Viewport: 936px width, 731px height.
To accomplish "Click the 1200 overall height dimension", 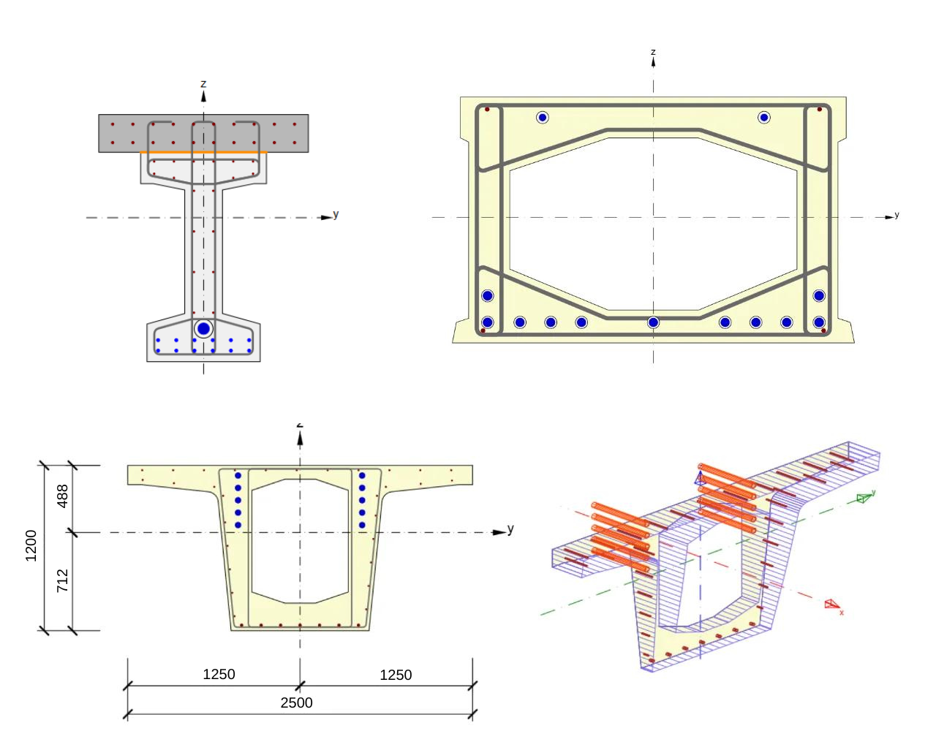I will [x=31, y=546].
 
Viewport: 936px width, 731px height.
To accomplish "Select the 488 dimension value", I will [x=63, y=496].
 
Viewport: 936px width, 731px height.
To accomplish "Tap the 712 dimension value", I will [x=63, y=580].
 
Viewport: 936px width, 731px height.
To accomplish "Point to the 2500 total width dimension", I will [x=296, y=702].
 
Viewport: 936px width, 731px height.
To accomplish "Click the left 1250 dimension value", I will [x=219, y=674].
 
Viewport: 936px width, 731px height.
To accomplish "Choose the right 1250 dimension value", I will [x=396, y=675].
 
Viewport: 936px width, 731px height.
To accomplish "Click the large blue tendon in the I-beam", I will [x=203, y=329].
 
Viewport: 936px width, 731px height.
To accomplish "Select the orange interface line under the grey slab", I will [x=203, y=153].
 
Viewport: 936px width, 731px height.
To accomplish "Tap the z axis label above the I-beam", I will [x=203, y=84].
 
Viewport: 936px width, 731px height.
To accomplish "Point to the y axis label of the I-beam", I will [x=336, y=214].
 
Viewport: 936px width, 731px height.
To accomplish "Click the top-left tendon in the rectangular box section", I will [x=542, y=117].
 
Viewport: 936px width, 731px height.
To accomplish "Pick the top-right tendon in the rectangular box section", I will [x=764, y=117].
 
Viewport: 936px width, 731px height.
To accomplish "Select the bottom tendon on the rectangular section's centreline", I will [x=653, y=322].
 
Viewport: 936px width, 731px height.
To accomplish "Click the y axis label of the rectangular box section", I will [x=897, y=215].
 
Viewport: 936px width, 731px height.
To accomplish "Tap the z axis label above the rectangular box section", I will [x=653, y=52].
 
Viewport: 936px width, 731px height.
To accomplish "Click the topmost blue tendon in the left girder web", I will [x=238, y=476].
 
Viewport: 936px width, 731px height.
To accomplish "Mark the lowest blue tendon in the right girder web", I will [x=362, y=525].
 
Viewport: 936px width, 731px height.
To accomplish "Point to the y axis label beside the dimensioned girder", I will [x=510, y=528].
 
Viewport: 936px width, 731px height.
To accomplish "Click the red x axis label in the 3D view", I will [x=842, y=613].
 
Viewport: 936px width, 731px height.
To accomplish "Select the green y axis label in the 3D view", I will [x=873, y=493].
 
